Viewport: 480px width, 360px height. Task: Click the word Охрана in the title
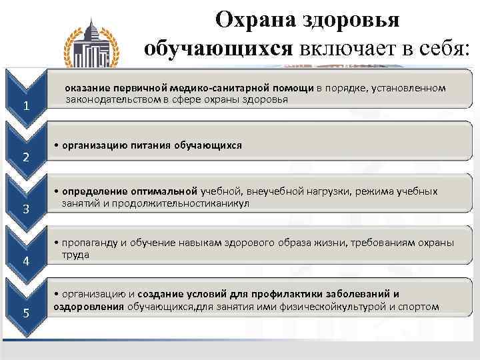click(256, 20)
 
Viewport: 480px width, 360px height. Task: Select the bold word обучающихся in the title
click(218, 49)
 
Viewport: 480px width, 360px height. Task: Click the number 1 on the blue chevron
click(26, 106)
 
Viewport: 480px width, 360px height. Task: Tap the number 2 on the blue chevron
click(26, 157)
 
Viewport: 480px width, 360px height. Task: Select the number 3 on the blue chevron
click(26, 209)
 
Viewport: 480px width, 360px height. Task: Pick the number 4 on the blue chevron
click(26, 261)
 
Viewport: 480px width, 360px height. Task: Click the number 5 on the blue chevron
click(26, 313)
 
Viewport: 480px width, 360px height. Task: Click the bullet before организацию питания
click(56, 145)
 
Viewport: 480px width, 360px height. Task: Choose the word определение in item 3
click(95, 191)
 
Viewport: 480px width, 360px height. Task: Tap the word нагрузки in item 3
click(329, 191)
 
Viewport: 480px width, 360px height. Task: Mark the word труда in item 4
click(75, 255)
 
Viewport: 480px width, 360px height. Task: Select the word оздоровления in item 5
click(89, 307)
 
